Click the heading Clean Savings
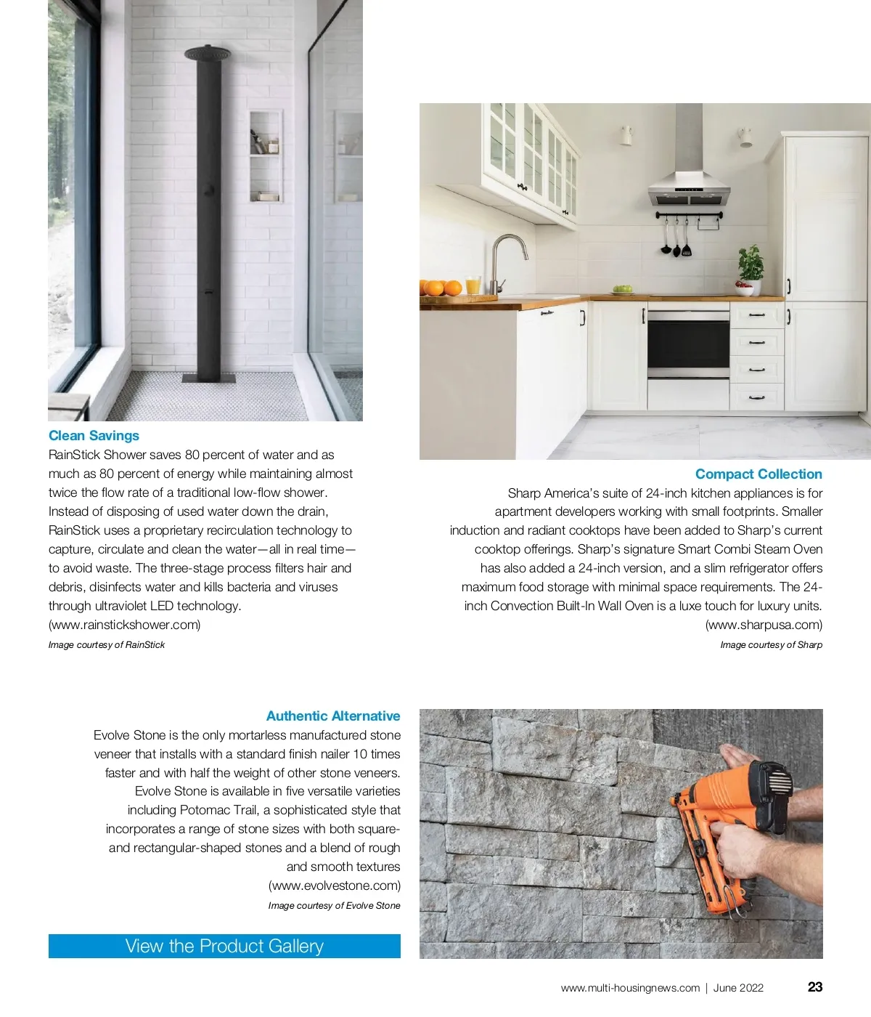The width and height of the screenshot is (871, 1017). [94, 436]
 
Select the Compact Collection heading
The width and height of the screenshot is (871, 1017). [758, 474]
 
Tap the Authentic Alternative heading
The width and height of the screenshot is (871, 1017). [333, 716]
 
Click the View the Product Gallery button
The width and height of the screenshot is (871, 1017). [224, 946]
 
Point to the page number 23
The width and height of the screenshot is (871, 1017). [815, 987]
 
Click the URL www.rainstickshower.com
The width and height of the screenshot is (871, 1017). [125, 625]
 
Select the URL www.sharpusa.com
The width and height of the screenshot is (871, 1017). [764, 625]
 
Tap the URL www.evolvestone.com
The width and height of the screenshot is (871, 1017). [335, 886]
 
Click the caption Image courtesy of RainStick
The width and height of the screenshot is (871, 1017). [107, 645]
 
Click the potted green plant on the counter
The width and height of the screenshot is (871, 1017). [751, 267]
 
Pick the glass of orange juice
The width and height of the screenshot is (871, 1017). [473, 285]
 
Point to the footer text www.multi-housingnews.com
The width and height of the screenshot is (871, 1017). [630, 988]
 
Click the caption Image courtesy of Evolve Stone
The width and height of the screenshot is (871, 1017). [334, 906]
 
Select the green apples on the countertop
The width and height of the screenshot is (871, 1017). [622, 289]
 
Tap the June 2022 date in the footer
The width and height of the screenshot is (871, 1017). [738, 988]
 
